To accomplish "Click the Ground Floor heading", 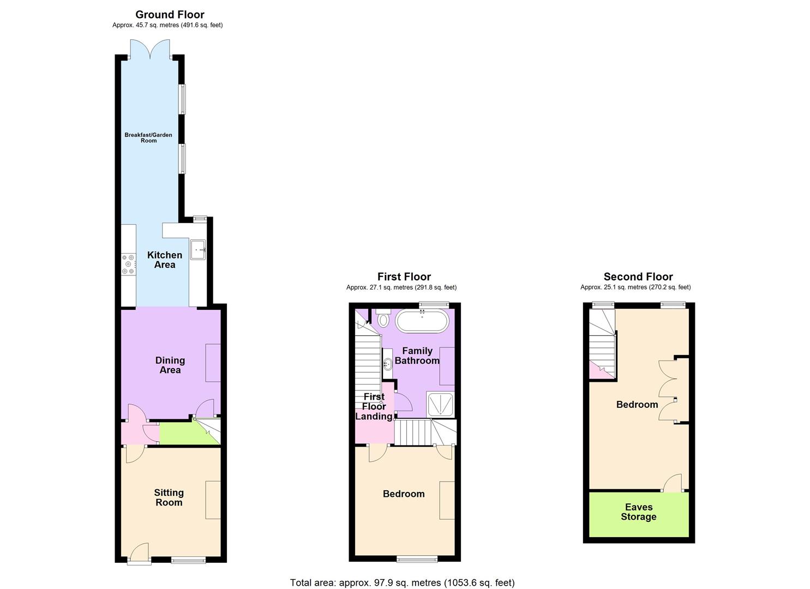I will point(170,15).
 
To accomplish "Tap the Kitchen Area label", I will point(165,260).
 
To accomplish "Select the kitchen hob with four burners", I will point(128,264).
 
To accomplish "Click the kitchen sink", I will point(197,249).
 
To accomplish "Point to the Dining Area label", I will point(170,365).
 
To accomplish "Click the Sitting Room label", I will point(169,497).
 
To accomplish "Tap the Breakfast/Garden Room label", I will point(148,137).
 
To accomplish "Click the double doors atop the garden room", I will point(150,50).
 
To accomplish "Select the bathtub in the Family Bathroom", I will point(422,321).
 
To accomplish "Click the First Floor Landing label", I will point(374,406).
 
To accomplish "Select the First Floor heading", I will point(404,277).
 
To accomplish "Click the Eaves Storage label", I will point(638,512).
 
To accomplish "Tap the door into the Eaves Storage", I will point(673,483).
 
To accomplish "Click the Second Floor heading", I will point(638,277).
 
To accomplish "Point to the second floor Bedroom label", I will point(637,405).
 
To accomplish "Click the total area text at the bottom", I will point(402,582).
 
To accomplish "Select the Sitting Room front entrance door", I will point(139,552).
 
